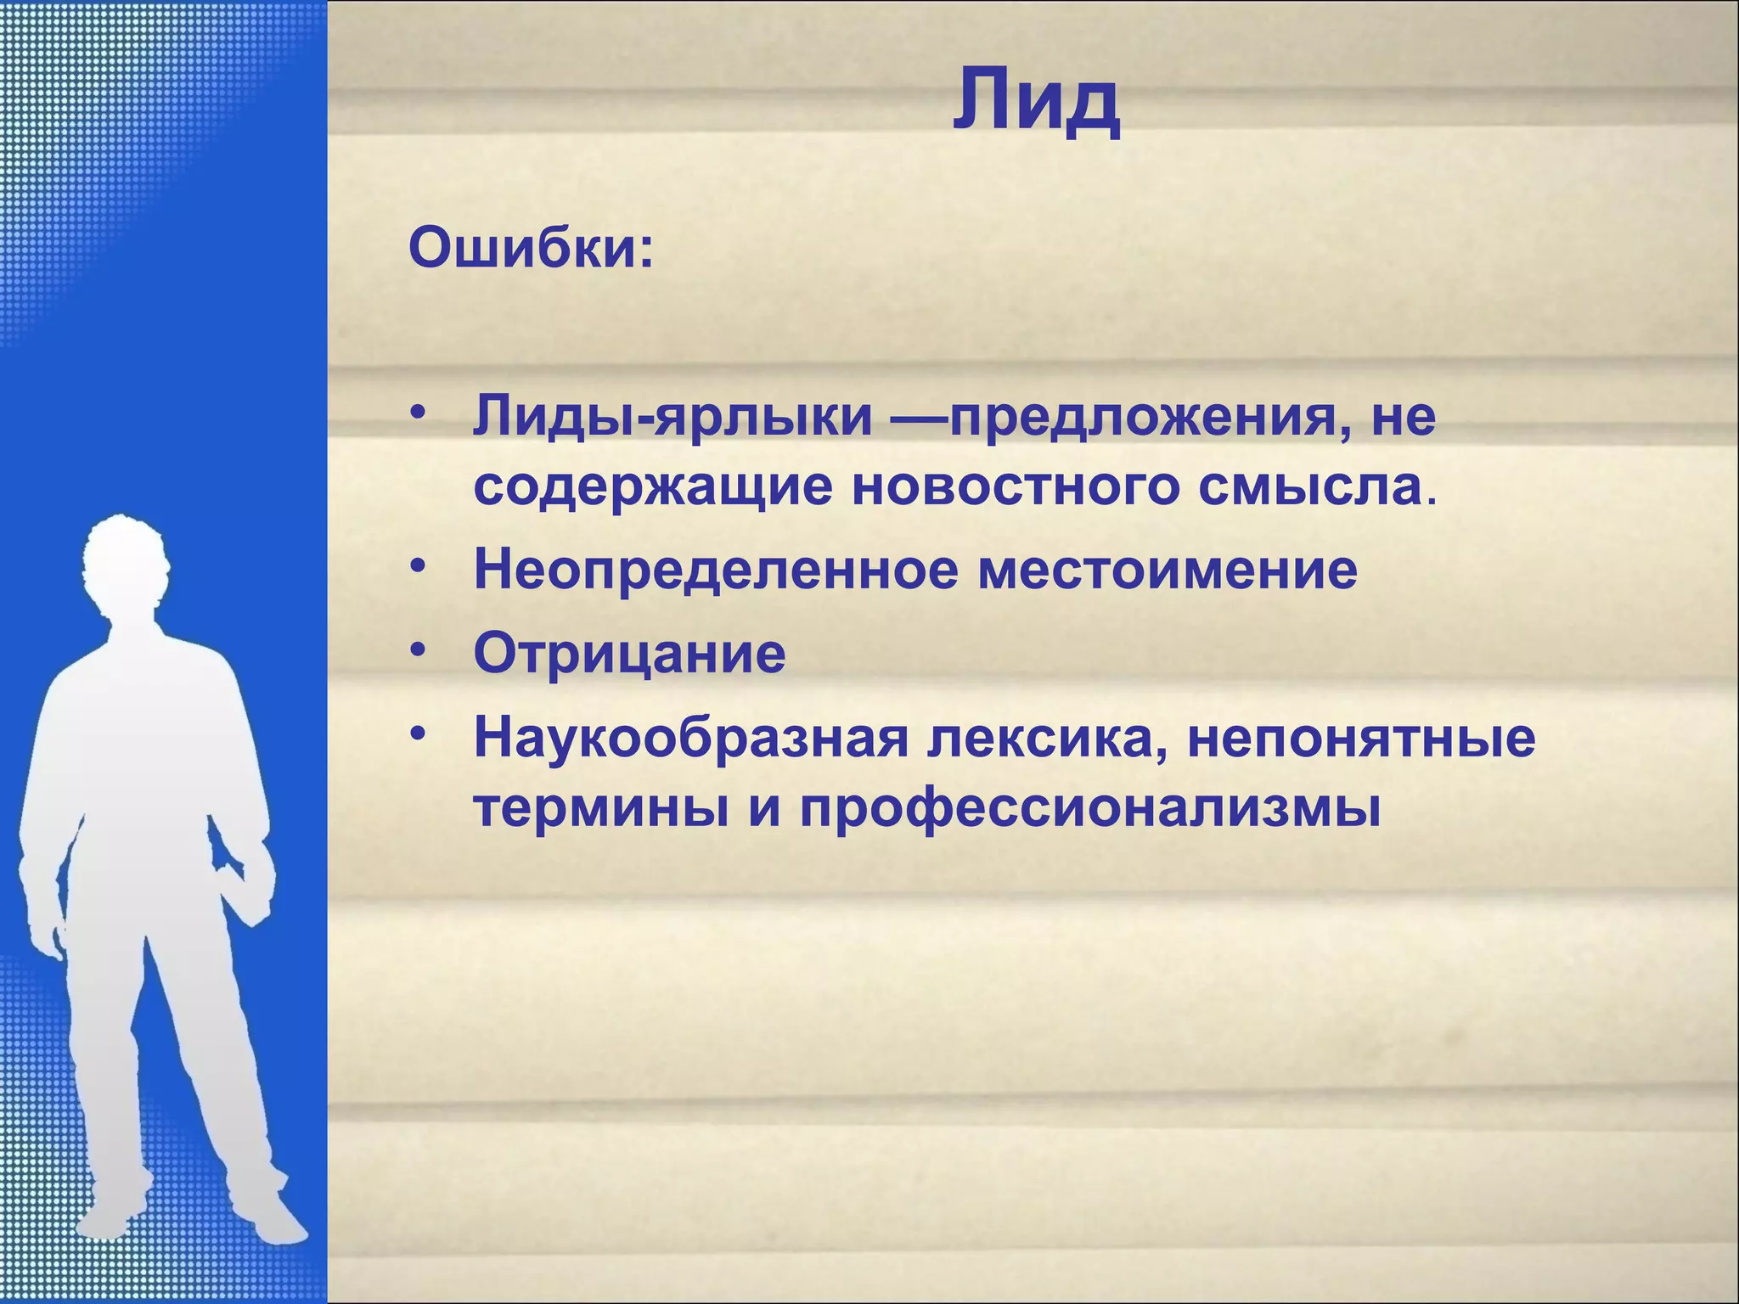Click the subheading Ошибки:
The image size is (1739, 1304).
pyautogui.click(x=532, y=249)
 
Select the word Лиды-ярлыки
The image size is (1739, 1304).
pyautogui.click(x=673, y=418)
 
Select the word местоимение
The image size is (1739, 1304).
pyautogui.click(x=1168, y=570)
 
